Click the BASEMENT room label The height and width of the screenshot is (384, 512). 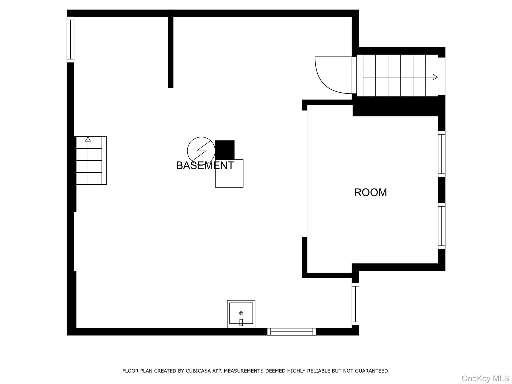tap(205, 165)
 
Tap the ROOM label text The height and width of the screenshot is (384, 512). tap(370, 192)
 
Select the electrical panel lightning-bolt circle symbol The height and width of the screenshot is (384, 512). tap(201, 151)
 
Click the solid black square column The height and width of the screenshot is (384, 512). tap(225, 150)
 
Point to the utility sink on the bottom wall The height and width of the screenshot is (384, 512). tap(241, 314)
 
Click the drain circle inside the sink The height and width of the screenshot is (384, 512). tap(241, 313)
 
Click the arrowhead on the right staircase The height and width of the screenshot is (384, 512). tap(435, 77)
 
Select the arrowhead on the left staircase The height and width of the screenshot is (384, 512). tap(88, 139)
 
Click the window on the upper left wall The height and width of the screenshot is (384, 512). tap(70, 39)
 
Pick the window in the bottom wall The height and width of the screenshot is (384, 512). tap(291, 332)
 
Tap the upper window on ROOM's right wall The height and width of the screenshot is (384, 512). tap(441, 154)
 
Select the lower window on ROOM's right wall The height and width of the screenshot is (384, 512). tap(441, 226)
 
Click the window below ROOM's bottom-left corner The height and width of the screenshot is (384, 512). tap(355, 304)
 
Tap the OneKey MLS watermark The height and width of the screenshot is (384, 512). tap(485, 378)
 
